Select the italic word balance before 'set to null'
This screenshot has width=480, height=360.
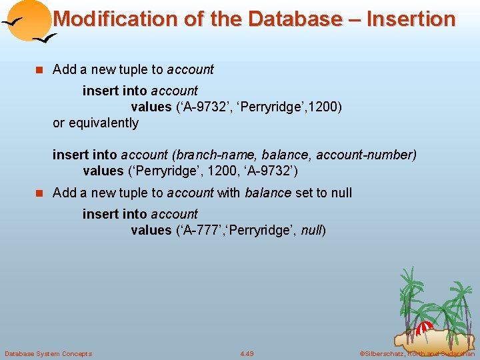pos(268,193)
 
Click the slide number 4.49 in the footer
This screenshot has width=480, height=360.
pos(247,353)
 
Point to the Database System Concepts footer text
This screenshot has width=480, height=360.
pos(48,353)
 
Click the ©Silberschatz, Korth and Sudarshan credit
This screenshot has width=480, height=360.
pos(417,353)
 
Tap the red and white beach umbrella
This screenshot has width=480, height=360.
pos(424,327)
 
